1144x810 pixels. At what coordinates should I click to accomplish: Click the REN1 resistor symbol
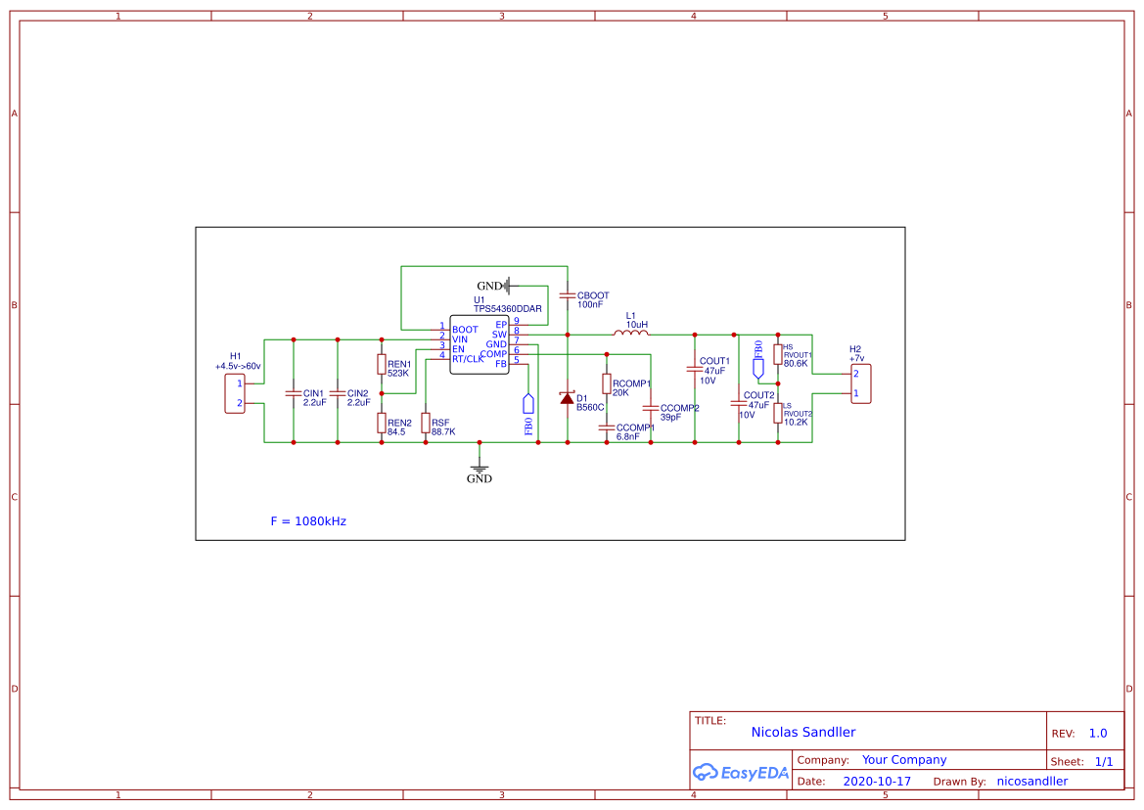click(382, 364)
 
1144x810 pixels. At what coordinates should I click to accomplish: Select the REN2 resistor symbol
click(382, 423)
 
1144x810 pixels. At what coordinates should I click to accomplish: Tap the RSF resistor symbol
click(426, 423)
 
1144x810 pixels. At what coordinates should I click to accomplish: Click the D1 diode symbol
click(567, 398)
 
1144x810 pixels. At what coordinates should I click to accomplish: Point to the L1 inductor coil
click(631, 334)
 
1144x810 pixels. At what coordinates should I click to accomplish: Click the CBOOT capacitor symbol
click(567, 293)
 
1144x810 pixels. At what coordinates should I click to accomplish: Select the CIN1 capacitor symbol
click(293, 393)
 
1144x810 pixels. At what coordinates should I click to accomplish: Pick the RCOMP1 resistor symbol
click(607, 383)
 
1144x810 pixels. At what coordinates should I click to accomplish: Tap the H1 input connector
click(235, 393)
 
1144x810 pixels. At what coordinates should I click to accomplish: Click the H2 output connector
click(860, 383)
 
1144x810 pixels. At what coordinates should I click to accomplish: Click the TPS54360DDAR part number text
click(508, 308)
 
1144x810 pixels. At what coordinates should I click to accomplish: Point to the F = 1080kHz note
click(308, 521)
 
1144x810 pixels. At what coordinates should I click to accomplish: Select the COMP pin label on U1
click(493, 353)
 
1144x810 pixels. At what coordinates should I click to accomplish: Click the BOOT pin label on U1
click(465, 330)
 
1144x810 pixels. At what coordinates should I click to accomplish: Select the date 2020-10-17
click(877, 782)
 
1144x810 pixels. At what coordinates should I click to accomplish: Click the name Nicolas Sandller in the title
click(803, 732)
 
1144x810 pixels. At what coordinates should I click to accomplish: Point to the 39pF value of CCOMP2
click(670, 417)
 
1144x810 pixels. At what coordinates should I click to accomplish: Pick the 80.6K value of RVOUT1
click(796, 363)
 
